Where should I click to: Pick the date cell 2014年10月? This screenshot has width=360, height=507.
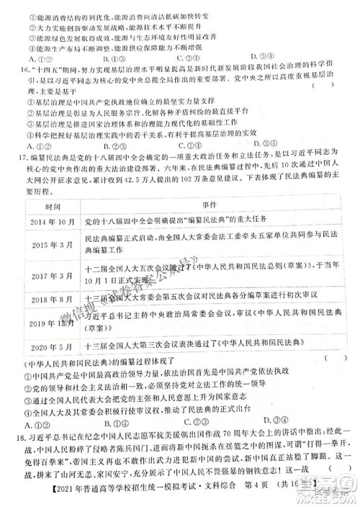click(48, 222)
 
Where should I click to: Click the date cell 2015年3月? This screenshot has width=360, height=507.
click(48, 246)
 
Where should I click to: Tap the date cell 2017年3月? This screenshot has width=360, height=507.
click(48, 277)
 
